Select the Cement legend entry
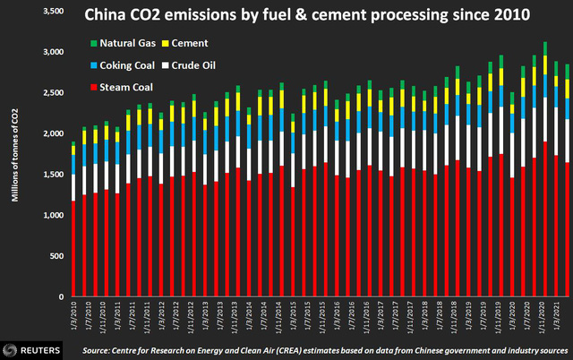click(191, 43)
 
